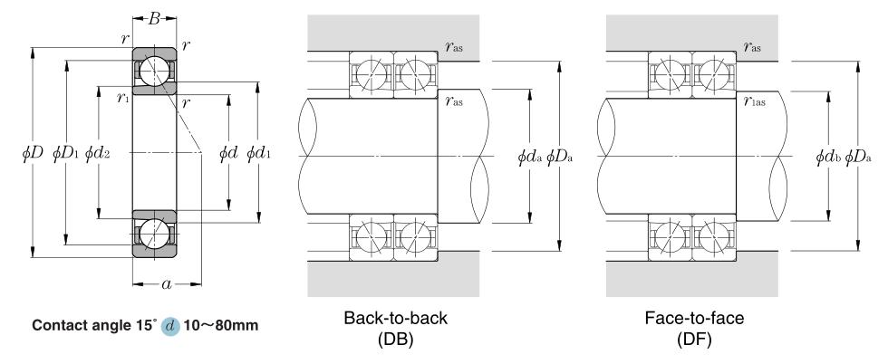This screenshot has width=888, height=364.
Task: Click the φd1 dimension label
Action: coord(259,155)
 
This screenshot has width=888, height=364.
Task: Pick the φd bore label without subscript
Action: coord(227,155)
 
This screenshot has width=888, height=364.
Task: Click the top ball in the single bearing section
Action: coord(154,71)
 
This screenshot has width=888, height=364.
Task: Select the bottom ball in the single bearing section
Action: coord(154,232)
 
